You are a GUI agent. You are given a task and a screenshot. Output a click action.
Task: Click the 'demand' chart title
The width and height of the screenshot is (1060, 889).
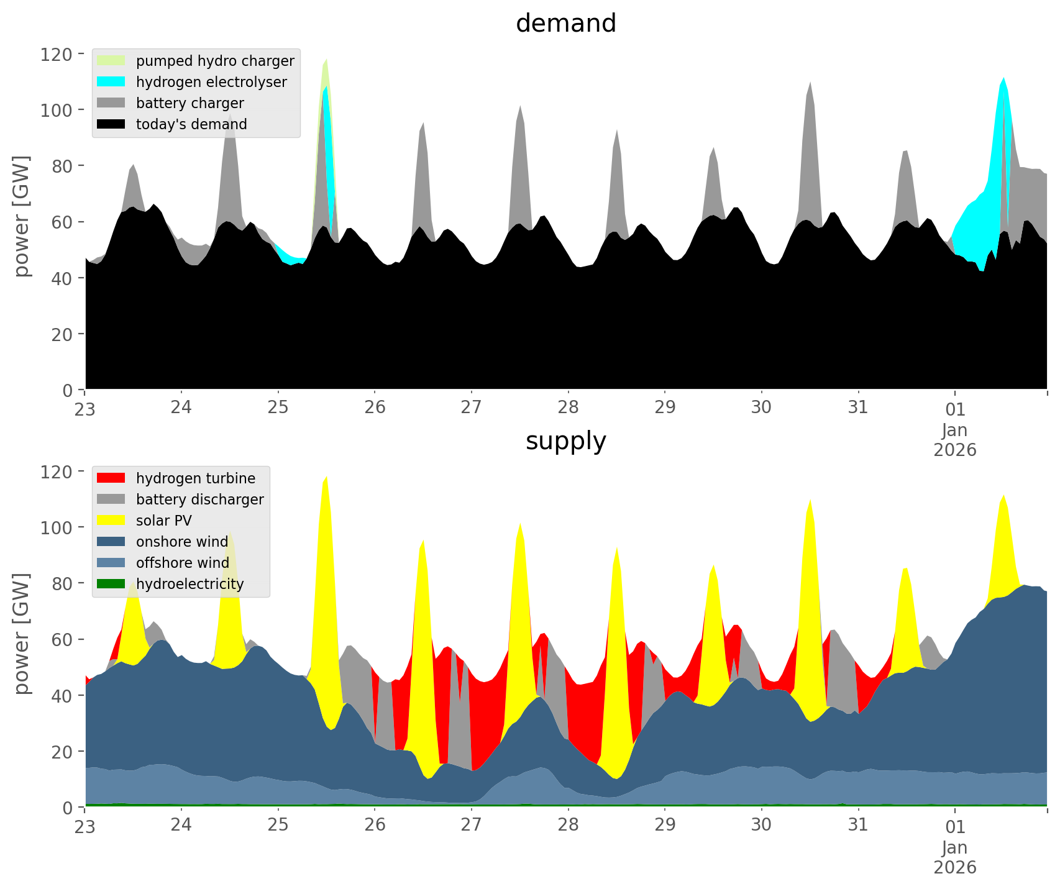click(565, 24)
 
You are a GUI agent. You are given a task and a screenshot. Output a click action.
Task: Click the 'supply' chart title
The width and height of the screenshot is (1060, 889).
click(565, 441)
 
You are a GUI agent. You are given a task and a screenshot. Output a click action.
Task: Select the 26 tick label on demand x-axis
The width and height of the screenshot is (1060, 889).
click(375, 408)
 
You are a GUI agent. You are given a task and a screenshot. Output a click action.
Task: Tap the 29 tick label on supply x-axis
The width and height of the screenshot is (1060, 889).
click(665, 826)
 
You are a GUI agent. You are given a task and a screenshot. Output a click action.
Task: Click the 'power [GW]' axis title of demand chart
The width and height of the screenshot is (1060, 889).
click(22, 216)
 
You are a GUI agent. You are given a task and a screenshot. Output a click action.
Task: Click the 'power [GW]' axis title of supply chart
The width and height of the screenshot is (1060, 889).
click(22, 634)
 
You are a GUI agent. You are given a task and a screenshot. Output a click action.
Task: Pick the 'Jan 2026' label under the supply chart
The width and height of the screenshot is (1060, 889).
click(955, 857)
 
